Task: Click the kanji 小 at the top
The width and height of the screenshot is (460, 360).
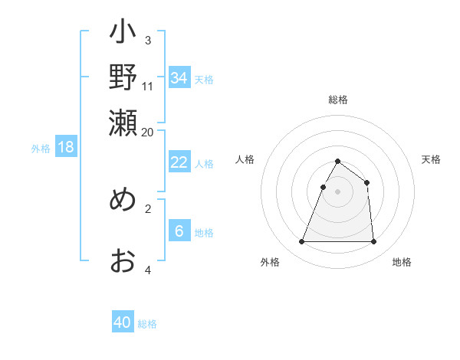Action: point(123,34)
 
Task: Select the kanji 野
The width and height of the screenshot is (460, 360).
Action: point(123,77)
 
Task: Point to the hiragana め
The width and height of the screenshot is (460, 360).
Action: point(123,199)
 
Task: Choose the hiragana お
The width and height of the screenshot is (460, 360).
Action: point(123,260)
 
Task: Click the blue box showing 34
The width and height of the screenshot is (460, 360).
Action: point(179,77)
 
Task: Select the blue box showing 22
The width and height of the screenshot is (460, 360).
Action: point(179,162)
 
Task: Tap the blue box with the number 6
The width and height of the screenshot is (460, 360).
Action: point(179,231)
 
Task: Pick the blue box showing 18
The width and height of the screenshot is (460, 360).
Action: point(66,147)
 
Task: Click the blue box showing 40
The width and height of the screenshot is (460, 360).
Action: point(123,322)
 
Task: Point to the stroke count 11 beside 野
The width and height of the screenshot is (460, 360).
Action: point(148,87)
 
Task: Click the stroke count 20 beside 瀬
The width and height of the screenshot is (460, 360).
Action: point(148,131)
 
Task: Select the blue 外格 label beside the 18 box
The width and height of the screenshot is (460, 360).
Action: point(41,149)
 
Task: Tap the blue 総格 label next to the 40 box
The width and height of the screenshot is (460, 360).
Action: point(147,324)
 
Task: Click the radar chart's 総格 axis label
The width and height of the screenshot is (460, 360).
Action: point(337,100)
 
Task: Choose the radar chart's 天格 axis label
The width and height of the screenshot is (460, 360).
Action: point(431,159)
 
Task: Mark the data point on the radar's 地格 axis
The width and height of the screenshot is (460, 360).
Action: point(373,242)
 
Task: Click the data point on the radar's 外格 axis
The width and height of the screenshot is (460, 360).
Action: point(301,242)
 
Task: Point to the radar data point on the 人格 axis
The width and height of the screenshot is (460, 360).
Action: point(324,187)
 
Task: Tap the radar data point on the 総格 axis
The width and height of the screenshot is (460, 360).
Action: point(337,162)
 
